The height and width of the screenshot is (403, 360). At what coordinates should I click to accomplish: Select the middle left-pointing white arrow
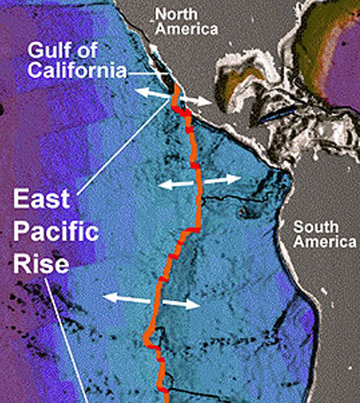coord(176,183)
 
